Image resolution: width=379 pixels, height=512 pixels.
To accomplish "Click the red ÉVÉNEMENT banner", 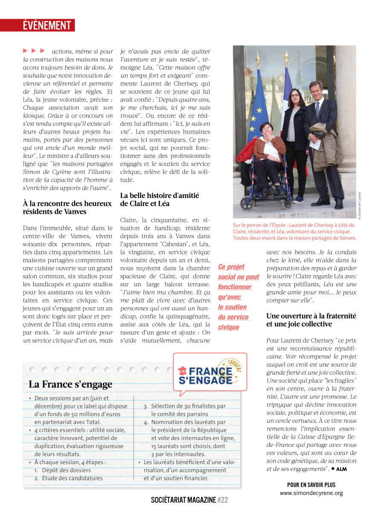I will [x=48, y=25].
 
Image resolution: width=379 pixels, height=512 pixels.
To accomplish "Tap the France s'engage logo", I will [x=210, y=372].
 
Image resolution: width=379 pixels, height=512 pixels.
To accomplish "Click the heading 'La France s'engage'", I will [x=70, y=384].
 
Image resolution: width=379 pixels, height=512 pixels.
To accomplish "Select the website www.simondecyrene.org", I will [x=311, y=493].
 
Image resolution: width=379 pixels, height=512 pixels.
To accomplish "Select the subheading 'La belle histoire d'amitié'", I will [x=160, y=195].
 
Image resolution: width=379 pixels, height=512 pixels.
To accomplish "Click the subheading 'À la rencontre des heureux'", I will [x=67, y=203].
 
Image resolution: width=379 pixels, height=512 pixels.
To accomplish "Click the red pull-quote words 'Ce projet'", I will [x=231, y=267].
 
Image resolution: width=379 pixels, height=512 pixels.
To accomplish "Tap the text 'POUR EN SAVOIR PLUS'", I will [x=311, y=485].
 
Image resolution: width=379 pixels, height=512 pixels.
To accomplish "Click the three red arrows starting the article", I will [x=34, y=51].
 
